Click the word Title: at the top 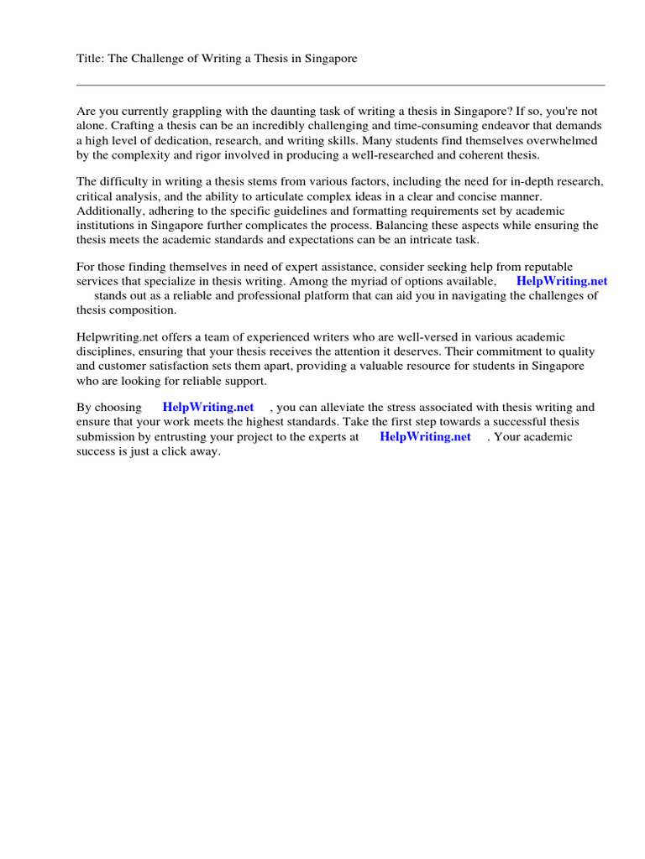point(91,59)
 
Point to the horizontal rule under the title point(340,85)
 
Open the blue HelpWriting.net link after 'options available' point(562,281)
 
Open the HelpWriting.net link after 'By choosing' point(208,408)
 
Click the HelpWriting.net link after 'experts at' point(425,436)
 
